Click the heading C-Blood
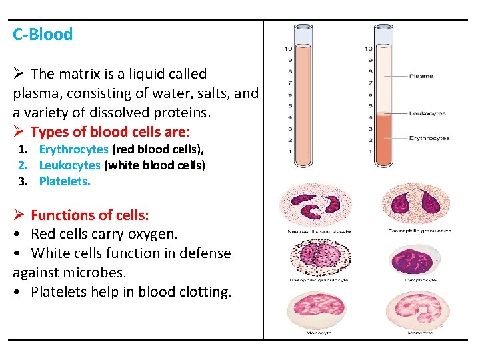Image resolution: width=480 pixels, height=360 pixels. click(43, 35)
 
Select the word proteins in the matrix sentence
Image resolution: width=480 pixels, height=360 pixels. click(182, 113)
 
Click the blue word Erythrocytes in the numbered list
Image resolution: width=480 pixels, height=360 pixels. click(73, 149)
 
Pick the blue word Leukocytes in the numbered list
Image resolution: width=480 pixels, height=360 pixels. click(69, 165)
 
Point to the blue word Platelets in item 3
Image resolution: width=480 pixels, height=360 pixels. click(64, 181)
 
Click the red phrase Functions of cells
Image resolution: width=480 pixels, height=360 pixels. click(90, 215)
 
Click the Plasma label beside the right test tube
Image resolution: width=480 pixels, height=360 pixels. click(421, 76)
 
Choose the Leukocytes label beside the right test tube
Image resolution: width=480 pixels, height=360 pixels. click(427, 114)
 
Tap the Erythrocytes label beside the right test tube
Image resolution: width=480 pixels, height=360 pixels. click(430, 138)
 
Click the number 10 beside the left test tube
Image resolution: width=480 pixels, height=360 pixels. click(288, 49)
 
